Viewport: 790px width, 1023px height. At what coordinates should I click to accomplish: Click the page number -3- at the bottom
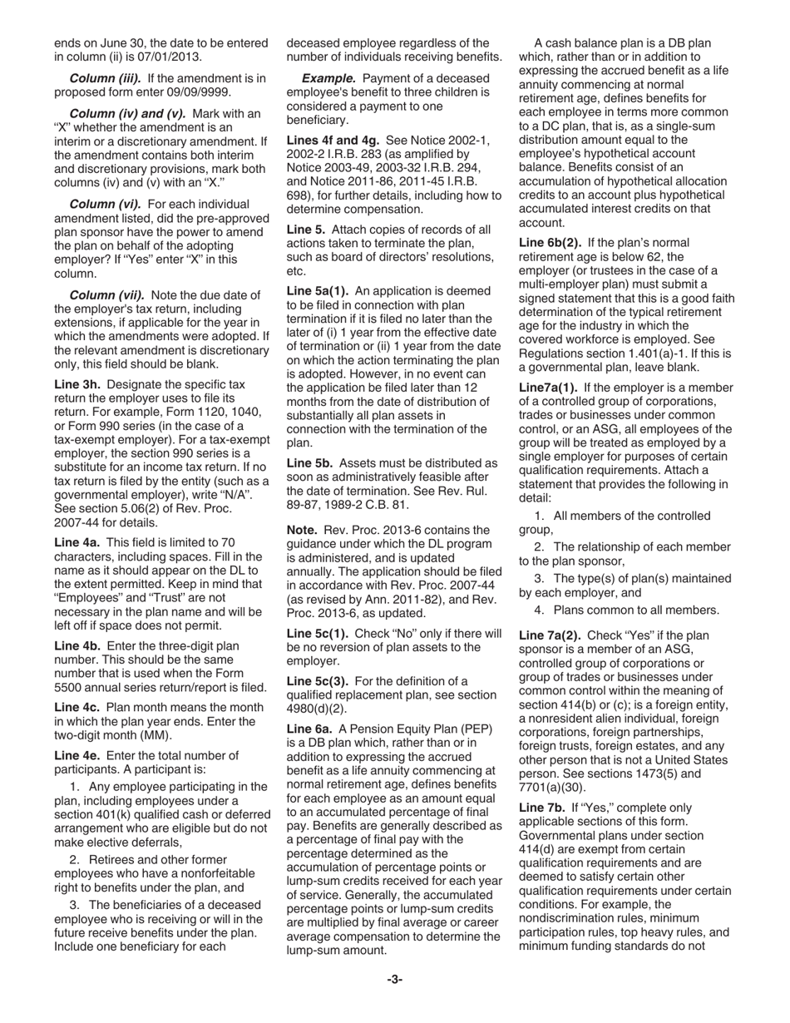point(394,979)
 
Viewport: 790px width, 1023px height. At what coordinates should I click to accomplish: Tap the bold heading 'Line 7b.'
point(542,808)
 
